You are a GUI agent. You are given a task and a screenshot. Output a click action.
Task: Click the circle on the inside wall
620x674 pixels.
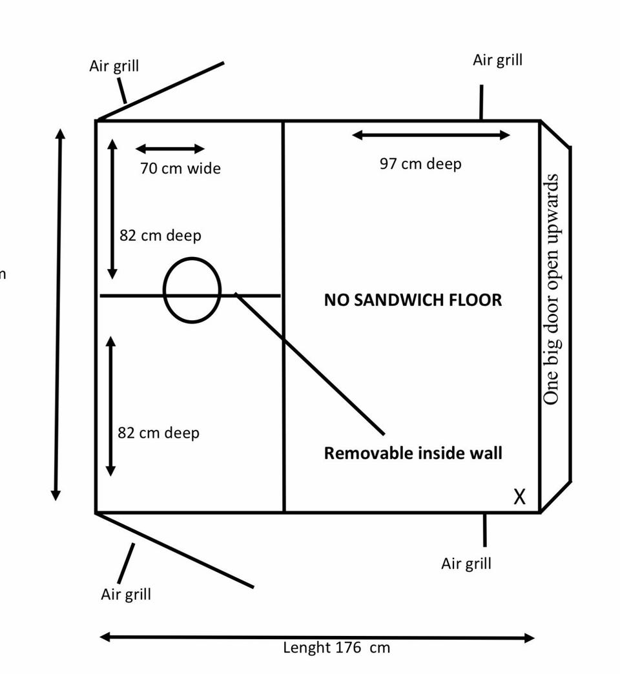[192, 290]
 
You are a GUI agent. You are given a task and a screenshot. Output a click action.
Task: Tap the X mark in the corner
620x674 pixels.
[519, 496]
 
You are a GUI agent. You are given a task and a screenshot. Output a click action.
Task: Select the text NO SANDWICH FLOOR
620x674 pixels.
[413, 300]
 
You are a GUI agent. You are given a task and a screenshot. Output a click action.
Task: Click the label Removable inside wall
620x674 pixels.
[413, 453]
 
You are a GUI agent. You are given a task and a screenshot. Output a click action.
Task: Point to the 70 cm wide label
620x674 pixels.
[180, 168]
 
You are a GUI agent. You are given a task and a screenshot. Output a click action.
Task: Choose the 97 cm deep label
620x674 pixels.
[420, 164]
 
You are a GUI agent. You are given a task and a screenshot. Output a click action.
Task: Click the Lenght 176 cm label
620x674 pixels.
[336, 648]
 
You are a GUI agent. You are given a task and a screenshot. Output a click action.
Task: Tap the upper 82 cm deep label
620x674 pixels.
[160, 236]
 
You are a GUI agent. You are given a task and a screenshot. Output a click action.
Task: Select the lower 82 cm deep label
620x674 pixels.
[159, 433]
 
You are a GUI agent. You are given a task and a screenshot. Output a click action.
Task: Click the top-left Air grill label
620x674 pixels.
[114, 66]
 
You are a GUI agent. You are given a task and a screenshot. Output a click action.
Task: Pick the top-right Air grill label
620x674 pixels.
[497, 60]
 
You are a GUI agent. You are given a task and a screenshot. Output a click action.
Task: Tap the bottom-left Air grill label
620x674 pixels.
[126, 595]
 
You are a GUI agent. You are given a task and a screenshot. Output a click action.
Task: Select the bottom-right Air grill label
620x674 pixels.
[466, 564]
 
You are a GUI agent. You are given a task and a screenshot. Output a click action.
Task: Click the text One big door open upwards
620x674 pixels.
[551, 289]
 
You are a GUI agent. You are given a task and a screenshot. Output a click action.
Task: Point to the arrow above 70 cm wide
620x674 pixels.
[170, 148]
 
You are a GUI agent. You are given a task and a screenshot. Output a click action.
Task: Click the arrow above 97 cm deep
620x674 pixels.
[431, 136]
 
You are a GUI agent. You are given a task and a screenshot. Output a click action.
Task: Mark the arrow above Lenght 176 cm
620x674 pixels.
[317, 638]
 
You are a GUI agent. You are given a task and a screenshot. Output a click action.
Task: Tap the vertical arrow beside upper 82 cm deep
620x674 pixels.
[112, 209]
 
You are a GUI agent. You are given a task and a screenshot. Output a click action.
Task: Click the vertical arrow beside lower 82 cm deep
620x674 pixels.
[110, 406]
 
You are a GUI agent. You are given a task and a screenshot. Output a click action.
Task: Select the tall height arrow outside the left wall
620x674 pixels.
[58, 314]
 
